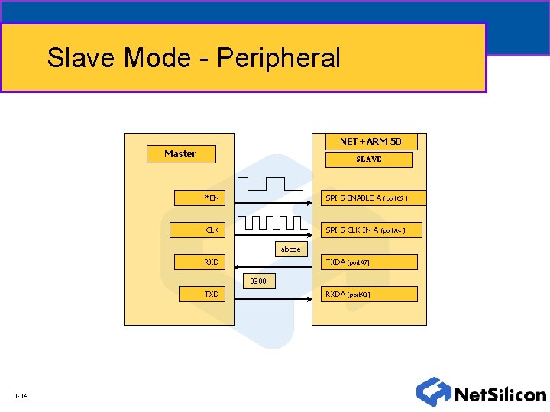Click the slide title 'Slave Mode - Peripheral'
194,58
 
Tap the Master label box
181,154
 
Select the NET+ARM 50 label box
370,142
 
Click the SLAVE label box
369,159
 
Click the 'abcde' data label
290,249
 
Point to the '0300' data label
258,282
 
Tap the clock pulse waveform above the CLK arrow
273,222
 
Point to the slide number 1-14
21,396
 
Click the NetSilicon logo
481,392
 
